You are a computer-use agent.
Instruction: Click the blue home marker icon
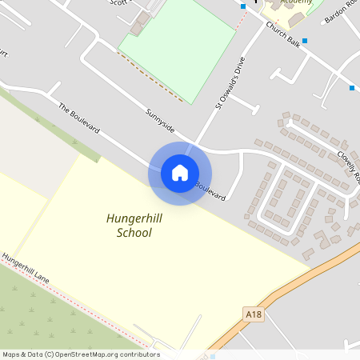point(180,173)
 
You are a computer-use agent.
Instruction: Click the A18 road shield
point(253,316)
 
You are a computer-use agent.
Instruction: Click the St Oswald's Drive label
point(230,82)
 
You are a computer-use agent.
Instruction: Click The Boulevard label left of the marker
point(78,118)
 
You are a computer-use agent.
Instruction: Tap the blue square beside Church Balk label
point(304,40)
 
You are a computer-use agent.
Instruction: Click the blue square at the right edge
point(351,87)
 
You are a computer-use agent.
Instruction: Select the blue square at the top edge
point(243,6)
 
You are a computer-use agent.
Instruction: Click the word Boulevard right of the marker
point(211,192)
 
